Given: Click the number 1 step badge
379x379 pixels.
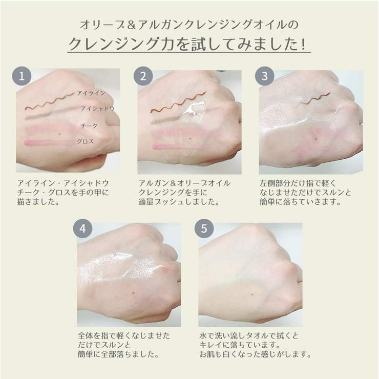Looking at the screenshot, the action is tap(22, 76).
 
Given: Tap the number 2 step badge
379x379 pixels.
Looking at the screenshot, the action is tap(143, 76).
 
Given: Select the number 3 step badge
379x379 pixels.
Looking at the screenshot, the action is tap(265, 76).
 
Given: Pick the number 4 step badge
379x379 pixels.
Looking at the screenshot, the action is tap(82, 228).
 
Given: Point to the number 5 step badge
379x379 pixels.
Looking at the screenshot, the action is tap(204, 228).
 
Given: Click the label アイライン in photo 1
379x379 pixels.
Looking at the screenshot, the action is tap(91, 93).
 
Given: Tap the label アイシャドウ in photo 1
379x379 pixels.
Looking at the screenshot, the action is tap(97, 109).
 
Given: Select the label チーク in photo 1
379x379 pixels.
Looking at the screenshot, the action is tap(89, 125).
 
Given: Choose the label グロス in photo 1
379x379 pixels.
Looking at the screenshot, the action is tap(86, 141).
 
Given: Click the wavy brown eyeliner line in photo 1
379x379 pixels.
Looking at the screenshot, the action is tap(50, 102).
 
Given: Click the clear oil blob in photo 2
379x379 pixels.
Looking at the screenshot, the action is tap(194, 108).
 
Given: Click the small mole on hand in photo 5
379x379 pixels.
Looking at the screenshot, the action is tap(252, 294).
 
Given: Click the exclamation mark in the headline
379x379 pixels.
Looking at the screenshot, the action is tap(304, 44).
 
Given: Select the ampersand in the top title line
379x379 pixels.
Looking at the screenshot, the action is tap(131, 25).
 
